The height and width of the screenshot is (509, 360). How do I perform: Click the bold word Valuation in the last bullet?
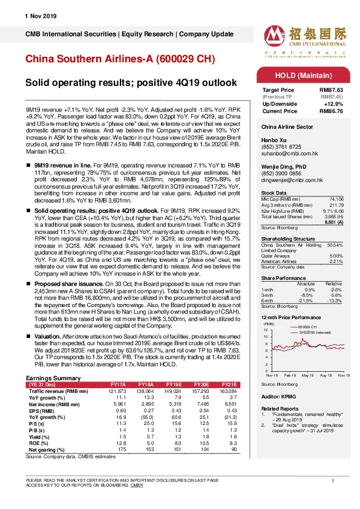[x=42, y=334]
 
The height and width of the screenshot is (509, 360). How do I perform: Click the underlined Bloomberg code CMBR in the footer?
[x=137, y=485]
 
